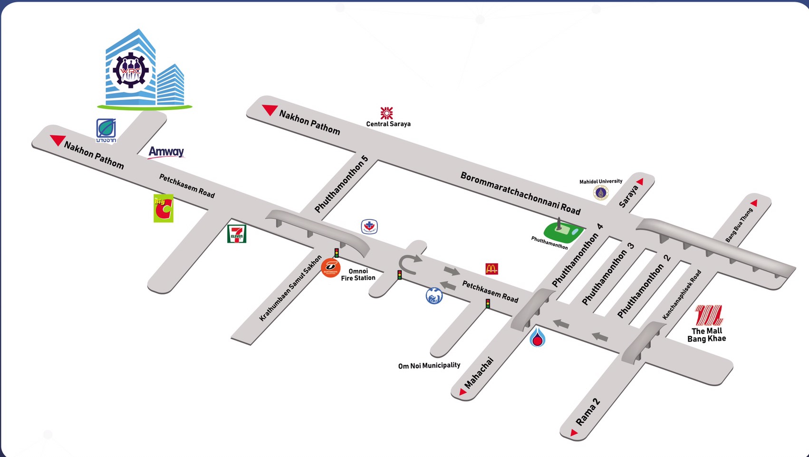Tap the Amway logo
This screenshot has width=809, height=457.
166,152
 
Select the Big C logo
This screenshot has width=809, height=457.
164,208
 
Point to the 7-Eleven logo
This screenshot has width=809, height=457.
237,234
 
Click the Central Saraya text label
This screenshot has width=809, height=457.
388,124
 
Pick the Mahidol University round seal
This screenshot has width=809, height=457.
601,192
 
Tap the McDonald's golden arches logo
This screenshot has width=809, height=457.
491,269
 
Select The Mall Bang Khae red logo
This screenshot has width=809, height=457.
708,315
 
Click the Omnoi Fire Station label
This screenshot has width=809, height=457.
358,275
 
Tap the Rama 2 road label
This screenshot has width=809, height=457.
588,412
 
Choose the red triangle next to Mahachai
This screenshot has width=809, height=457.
462,392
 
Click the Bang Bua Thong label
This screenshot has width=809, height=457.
739,225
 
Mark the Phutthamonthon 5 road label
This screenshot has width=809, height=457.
341,184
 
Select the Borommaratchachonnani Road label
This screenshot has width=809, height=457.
520,193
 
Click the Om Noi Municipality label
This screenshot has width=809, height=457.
429,365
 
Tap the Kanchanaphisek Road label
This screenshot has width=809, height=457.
682,295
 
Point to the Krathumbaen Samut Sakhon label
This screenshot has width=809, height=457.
290,288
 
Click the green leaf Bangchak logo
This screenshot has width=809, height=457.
106,129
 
